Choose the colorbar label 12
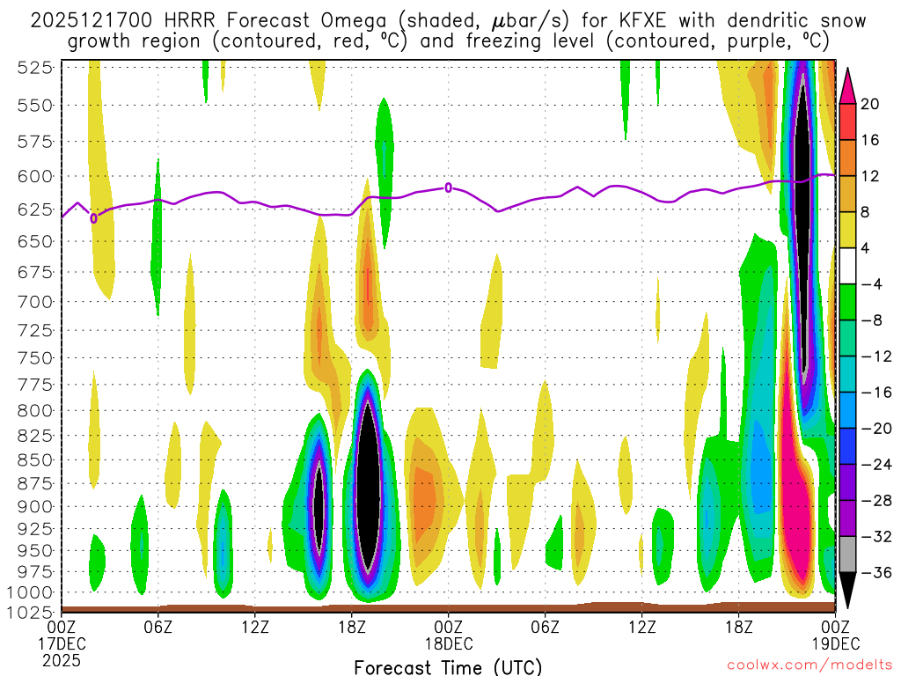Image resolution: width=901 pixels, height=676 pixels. (870, 177)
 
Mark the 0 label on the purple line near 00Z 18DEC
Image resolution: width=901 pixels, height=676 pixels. (449, 187)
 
